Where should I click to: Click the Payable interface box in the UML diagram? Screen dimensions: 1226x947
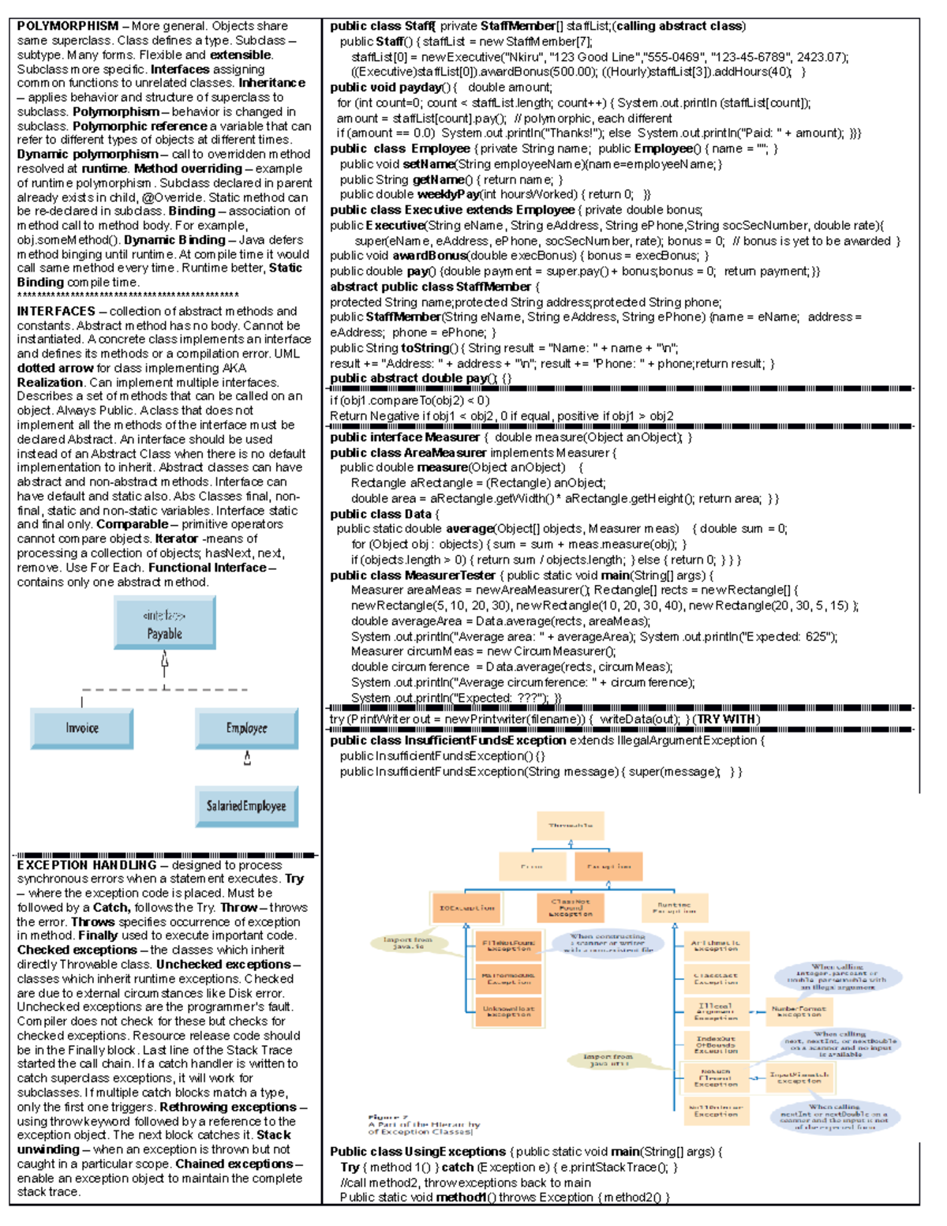164,623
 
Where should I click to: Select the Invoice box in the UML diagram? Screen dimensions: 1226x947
82,728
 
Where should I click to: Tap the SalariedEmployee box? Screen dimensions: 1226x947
246,806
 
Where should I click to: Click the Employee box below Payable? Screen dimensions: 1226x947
246,728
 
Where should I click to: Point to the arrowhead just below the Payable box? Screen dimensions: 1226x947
164,658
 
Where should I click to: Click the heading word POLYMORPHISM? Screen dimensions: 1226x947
68,26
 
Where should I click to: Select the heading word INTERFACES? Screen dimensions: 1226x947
56,311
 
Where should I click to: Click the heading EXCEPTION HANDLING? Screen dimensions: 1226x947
87,865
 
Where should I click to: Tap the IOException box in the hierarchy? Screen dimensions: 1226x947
466,908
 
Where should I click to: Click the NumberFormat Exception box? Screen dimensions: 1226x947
799,1011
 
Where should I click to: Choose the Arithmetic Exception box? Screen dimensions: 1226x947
716,946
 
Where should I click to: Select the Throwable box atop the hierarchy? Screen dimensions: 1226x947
570,826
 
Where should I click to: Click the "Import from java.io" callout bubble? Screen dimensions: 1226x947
407,943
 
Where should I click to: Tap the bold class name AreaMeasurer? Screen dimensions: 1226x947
445,452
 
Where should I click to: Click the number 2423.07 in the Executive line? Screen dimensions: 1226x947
820,57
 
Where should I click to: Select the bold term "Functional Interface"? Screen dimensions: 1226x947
208,568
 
